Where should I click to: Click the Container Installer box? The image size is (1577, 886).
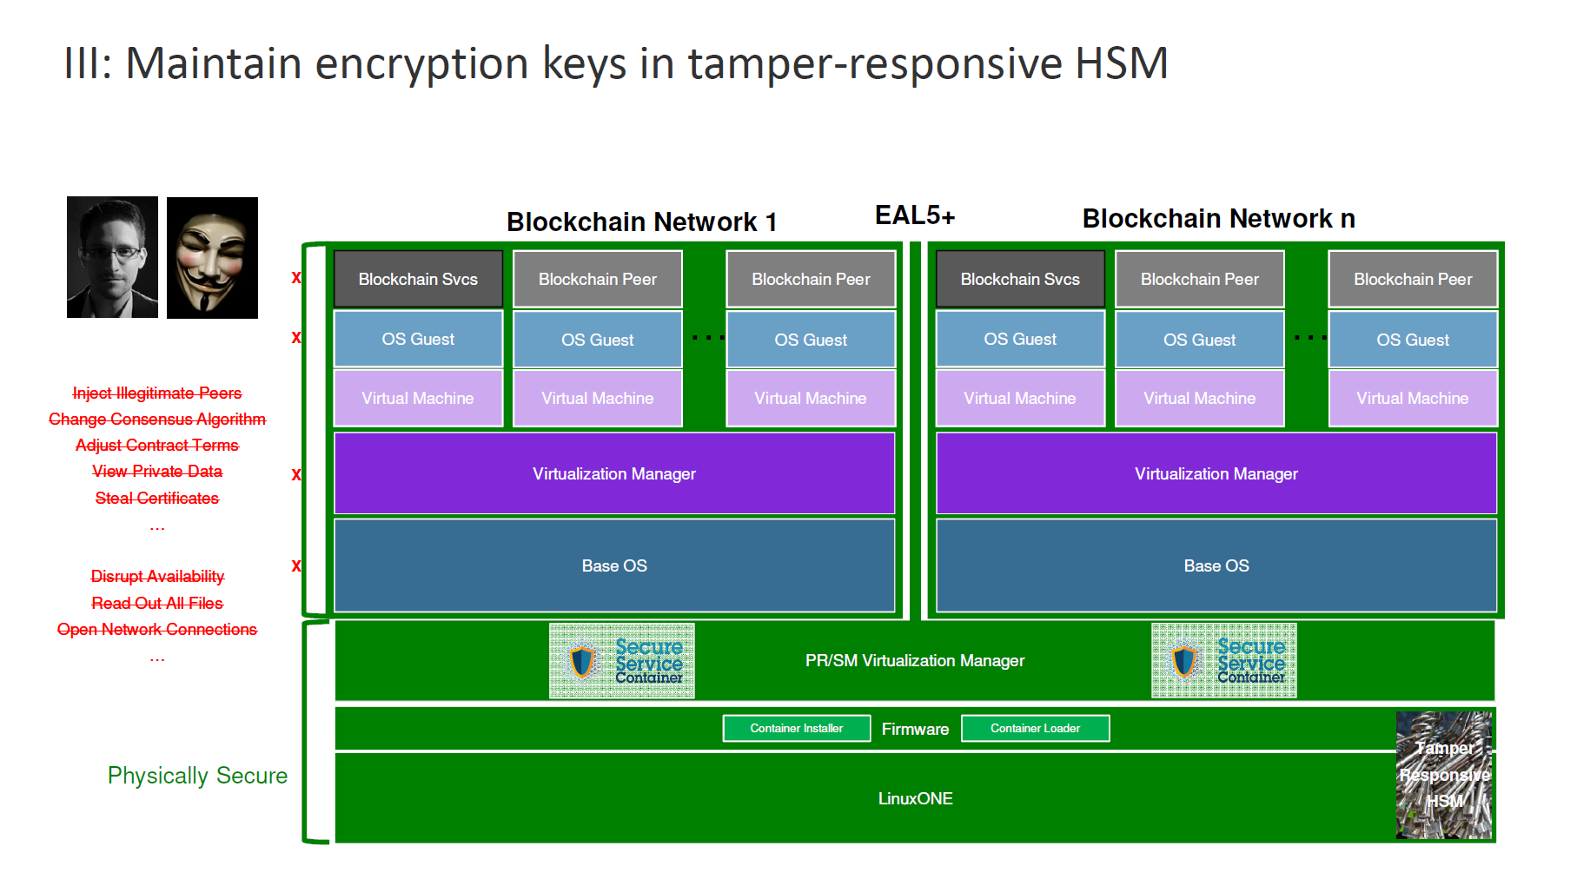[796, 728]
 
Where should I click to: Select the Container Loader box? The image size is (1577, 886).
[1035, 728]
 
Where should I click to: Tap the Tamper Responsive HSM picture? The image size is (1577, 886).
[1444, 775]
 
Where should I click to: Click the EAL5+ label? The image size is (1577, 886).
[914, 215]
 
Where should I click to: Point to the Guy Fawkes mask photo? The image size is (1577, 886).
[212, 258]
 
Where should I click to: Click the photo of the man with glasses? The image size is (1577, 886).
[112, 257]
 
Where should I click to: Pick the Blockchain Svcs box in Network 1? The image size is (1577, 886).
[418, 279]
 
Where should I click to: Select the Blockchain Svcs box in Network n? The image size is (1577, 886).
[1020, 279]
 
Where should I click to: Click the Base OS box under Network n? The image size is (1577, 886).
[1216, 565]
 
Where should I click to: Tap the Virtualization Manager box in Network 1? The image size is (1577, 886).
[614, 473]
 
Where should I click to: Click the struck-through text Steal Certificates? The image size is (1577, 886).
[157, 498]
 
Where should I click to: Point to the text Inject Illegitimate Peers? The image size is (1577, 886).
[157, 393]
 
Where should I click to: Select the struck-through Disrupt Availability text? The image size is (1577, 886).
[157, 576]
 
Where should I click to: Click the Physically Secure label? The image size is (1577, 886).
[197, 776]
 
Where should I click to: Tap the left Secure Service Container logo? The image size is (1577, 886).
[622, 661]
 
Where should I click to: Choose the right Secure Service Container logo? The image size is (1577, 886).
[1224, 660]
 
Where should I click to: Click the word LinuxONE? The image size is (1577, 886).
[915, 798]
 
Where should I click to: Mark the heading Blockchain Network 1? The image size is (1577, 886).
[641, 222]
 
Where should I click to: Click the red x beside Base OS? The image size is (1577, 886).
[296, 565]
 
